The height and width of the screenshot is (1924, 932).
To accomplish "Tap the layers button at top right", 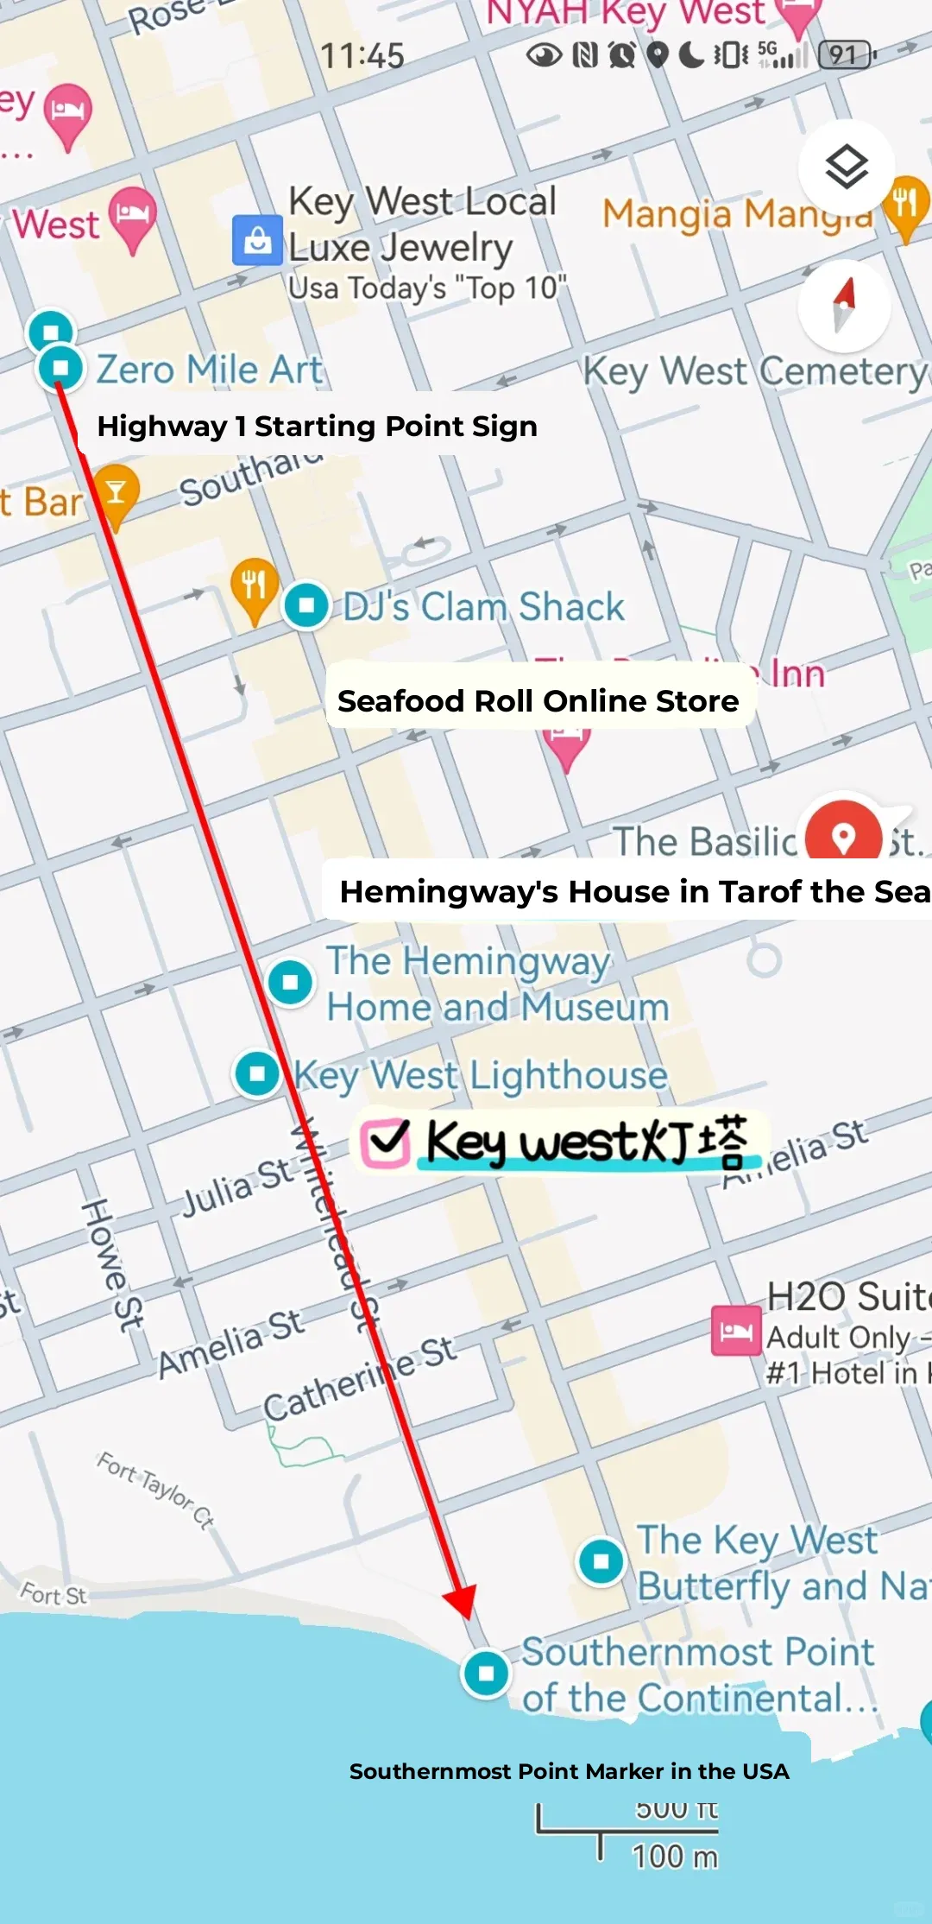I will (846, 168).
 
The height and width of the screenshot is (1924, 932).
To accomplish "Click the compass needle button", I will (844, 305).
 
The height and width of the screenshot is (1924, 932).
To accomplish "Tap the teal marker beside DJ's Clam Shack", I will (306, 604).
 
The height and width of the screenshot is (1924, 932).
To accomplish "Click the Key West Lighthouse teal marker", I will (257, 1073).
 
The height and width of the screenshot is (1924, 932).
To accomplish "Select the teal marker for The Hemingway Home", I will (290, 982).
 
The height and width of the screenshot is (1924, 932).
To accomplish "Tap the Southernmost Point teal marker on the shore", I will (486, 1673).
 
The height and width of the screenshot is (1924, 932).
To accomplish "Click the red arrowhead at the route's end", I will (461, 1601).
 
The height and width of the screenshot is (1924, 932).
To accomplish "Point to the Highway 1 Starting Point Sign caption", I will (317, 426).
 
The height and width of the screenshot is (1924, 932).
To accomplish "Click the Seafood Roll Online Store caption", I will (538, 700).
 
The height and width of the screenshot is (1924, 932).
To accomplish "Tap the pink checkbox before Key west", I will (385, 1142).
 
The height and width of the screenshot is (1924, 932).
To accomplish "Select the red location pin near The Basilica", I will (843, 834).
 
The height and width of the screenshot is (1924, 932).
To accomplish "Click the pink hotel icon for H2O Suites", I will (735, 1331).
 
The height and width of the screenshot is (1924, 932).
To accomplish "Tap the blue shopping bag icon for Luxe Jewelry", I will (257, 240).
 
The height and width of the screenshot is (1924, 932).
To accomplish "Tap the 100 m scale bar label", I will (674, 1855).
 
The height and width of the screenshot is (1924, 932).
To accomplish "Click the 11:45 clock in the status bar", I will (362, 56).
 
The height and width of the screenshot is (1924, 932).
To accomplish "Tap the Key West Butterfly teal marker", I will (601, 1560).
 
